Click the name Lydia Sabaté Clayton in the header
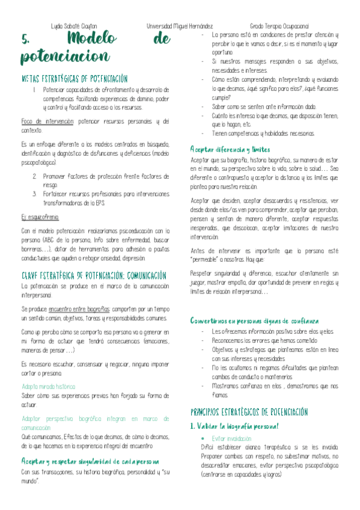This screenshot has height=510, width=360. (74, 27)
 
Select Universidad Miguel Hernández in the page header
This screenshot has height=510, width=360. (179, 27)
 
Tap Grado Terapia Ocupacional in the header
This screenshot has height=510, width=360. (279, 27)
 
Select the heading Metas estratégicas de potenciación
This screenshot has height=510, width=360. (75, 79)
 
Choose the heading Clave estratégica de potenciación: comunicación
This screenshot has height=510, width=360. (94, 275)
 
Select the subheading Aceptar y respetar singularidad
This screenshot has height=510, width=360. (90, 461)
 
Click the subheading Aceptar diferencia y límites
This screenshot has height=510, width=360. (230, 149)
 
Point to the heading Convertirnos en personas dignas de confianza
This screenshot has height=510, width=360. (254, 321)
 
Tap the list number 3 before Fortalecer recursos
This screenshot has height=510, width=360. (35, 194)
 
